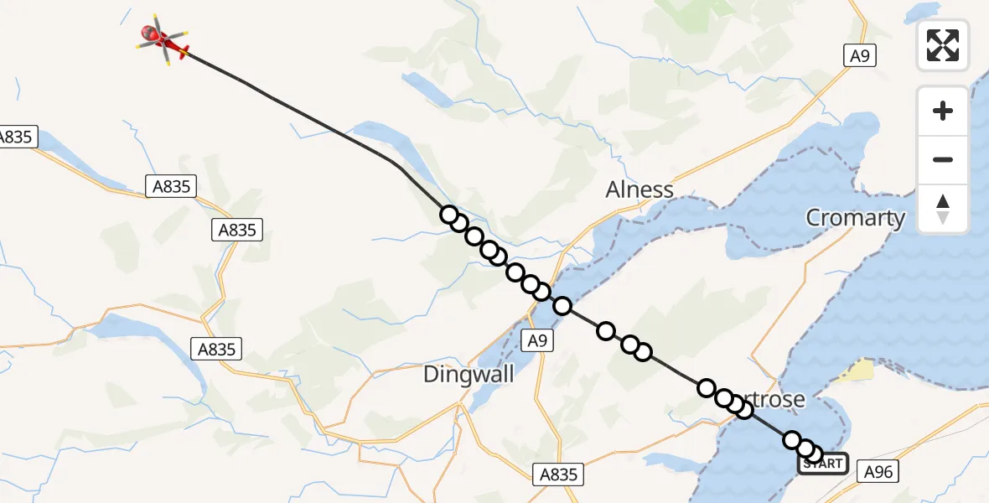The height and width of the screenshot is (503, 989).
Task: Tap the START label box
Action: pos(822,464)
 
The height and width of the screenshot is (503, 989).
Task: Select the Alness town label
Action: pos(639,189)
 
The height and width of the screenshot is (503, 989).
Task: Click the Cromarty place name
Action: pos(855,218)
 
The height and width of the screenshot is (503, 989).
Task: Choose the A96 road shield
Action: pos(878,473)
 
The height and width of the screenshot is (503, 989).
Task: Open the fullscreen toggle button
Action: pos(943,45)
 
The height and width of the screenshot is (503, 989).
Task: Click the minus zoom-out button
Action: pos(943,159)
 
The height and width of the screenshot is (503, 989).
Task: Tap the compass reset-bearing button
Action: pos(943,209)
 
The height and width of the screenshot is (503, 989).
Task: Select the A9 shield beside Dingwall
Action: pos(538,340)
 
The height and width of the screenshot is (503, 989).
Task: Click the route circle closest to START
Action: pos(813,454)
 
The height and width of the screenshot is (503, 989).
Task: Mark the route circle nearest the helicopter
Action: pos(449,215)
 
